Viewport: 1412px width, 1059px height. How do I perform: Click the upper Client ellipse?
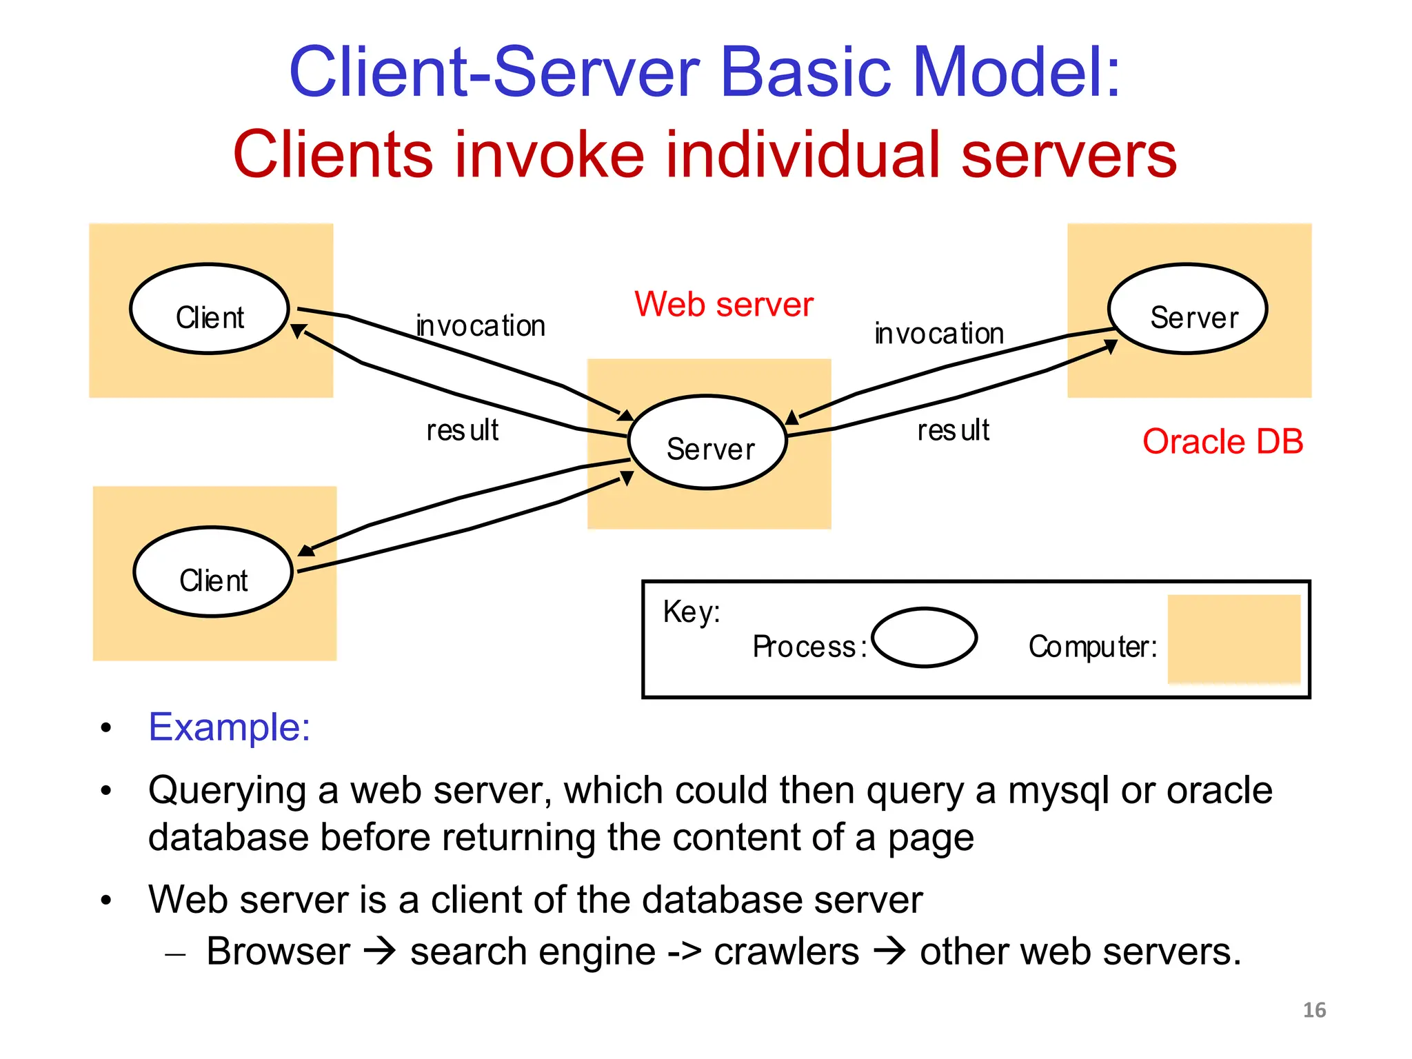point(209,309)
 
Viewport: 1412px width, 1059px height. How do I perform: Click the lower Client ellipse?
point(213,572)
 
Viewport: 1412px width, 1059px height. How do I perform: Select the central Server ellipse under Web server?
point(708,443)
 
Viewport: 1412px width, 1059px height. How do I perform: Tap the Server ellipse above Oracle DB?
point(1187,309)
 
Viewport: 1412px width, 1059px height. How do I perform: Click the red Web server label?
point(723,304)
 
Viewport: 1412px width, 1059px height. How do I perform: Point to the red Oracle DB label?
point(1222,441)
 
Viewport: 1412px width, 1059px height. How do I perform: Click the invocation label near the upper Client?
point(481,325)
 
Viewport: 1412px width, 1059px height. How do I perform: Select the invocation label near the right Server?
point(939,334)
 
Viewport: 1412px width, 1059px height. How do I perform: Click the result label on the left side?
point(462,430)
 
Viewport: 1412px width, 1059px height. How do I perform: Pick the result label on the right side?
point(953,430)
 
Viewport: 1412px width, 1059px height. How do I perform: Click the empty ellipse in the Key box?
point(924,638)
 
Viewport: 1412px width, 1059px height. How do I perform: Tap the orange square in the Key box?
point(1233,639)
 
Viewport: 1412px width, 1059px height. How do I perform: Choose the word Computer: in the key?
point(1092,647)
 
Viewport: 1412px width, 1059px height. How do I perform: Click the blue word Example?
point(230,727)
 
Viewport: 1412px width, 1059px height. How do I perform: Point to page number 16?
point(1314,1010)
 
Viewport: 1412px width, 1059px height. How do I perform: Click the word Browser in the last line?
point(278,951)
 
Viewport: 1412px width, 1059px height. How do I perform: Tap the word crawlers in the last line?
point(786,951)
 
